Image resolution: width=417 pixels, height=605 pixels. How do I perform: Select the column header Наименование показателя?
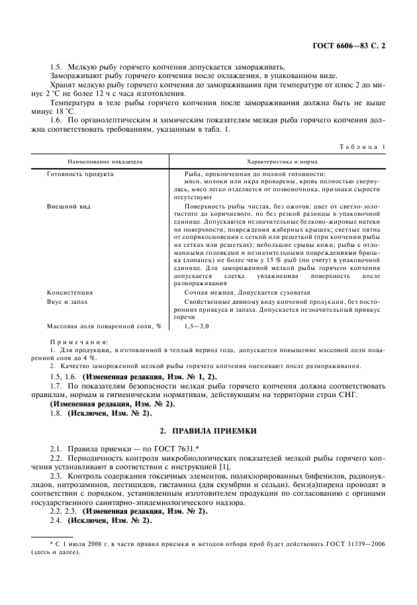[x=104, y=161]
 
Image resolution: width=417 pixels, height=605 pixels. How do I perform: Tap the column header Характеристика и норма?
[x=281, y=161]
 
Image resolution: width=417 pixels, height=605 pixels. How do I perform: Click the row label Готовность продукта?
[x=79, y=173]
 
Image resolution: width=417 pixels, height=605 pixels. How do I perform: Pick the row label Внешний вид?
[x=69, y=206]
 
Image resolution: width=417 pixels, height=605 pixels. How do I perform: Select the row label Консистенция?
[x=69, y=292]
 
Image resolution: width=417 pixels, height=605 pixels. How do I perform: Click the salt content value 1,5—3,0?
[x=197, y=326]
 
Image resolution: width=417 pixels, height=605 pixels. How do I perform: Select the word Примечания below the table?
[x=73, y=342]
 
